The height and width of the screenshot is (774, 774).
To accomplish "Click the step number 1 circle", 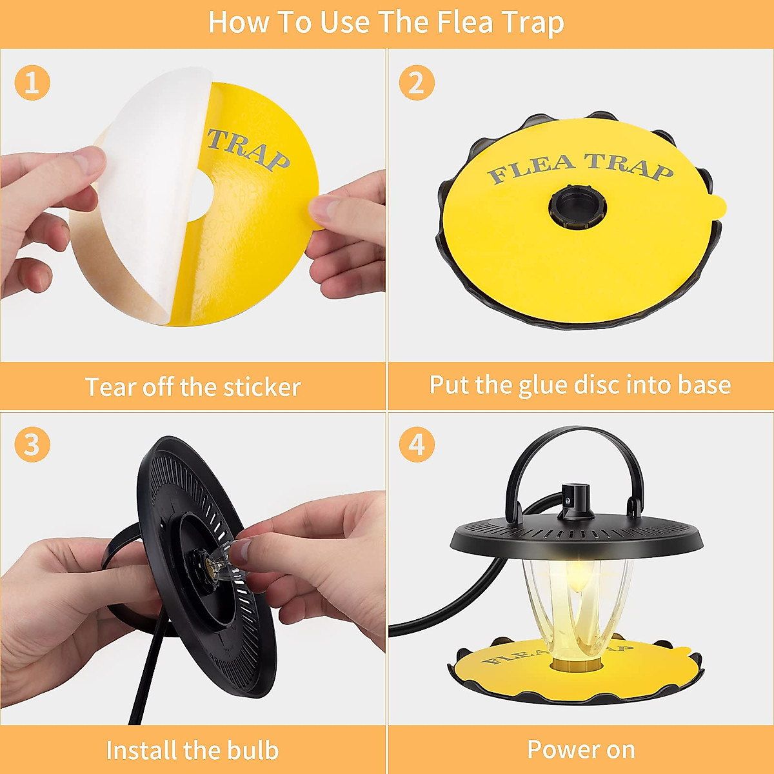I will (x=32, y=83).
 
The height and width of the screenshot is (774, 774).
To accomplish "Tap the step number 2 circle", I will (x=417, y=83).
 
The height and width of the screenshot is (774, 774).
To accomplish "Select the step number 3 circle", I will (x=32, y=445).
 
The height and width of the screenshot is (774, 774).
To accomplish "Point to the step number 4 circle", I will (x=417, y=445).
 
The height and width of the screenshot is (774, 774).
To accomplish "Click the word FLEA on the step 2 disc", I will (x=531, y=168).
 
